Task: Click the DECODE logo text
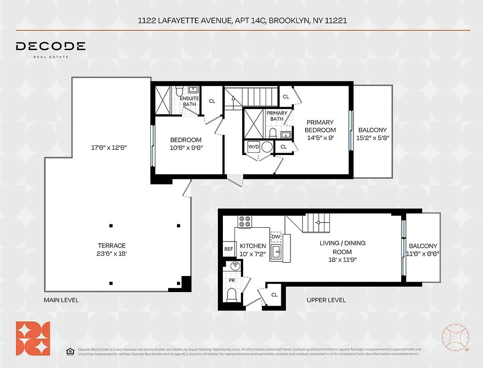pos(51,46)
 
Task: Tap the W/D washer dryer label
pos(254,147)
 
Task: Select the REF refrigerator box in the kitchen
pos(228,249)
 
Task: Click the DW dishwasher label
pos(276,236)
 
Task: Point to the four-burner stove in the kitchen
pos(245,221)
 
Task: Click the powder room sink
pos(235,265)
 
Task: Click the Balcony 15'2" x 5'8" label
pos(373,134)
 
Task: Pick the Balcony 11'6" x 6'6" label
pos(423,250)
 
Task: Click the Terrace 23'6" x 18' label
pos(112,249)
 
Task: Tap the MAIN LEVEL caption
pos(61,300)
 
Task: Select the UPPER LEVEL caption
pos(326,300)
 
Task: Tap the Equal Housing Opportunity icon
pos(70,351)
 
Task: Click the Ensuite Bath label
pos(189,101)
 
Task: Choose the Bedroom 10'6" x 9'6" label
pos(186,144)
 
